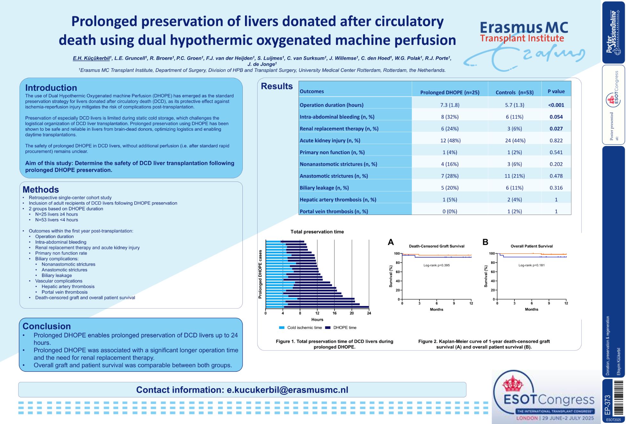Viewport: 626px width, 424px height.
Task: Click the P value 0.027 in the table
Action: [x=556, y=129]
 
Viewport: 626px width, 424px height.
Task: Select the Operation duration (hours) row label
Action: [x=331, y=105]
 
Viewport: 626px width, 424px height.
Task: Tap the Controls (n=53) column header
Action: [x=514, y=92]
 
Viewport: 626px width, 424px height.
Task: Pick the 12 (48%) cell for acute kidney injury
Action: [x=450, y=140]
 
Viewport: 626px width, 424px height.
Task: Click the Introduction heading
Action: [x=51, y=88]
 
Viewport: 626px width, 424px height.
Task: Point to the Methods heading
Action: [x=41, y=190]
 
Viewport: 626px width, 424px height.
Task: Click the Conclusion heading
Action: [x=47, y=326]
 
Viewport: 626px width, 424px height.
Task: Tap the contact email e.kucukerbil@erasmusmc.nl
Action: [x=287, y=390]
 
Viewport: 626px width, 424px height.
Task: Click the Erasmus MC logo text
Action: [x=524, y=28]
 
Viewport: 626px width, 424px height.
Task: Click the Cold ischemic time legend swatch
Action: [x=282, y=327]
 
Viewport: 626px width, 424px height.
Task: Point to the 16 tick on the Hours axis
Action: [x=334, y=313]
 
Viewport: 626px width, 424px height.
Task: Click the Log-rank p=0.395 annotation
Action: [x=436, y=265]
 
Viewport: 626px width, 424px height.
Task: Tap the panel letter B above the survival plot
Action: [x=485, y=242]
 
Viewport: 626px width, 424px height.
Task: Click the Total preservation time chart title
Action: [x=317, y=232]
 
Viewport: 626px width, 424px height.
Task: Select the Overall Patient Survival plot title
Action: [x=531, y=246]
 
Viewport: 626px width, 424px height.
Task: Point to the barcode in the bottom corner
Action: [x=618, y=398]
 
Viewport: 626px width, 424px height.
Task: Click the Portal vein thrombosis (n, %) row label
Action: [x=334, y=211]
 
